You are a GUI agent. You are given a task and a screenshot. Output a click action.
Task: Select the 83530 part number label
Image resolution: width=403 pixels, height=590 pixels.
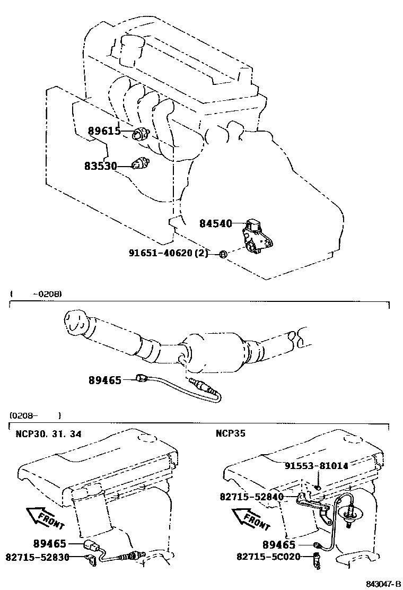coord(100,166)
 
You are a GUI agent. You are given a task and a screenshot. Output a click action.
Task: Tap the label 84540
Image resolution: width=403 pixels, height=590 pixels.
coord(216,224)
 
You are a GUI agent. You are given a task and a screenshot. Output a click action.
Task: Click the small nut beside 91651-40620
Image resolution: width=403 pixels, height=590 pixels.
coord(223,255)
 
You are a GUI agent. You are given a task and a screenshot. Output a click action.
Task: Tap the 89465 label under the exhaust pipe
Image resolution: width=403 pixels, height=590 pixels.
coord(105,380)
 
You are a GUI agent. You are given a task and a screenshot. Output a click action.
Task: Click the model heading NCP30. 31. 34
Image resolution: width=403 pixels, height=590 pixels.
coord(48,434)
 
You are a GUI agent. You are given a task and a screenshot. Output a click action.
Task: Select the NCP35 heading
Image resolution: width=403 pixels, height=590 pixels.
coord(230,434)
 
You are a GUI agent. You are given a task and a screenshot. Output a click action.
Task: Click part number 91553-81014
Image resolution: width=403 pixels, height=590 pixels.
coord(316,466)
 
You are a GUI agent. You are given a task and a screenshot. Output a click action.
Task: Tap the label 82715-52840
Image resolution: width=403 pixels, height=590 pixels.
coord(251,497)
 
